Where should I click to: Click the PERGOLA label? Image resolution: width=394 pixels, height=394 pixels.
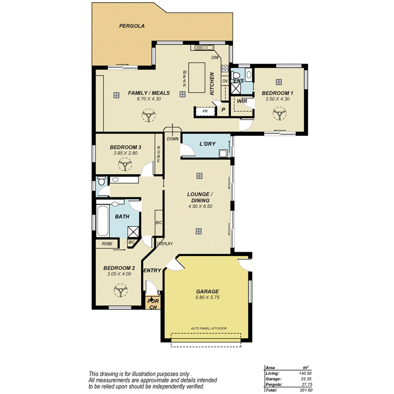[132, 26]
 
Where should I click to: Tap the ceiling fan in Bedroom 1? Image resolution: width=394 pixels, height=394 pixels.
[279, 114]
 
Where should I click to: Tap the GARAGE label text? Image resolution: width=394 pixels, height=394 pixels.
[207, 291]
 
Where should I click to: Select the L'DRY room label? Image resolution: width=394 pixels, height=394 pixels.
[208, 144]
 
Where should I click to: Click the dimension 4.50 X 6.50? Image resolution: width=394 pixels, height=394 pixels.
[200, 206]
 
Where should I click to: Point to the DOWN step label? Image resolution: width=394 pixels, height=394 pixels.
[172, 139]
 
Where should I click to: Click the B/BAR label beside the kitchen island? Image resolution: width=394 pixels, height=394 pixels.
[184, 79]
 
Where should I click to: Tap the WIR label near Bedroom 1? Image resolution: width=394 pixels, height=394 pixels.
[241, 101]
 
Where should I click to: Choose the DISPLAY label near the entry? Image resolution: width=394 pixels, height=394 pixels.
[164, 244]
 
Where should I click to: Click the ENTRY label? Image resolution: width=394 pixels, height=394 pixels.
[152, 271]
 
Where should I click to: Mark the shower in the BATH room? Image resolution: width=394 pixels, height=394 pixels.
[134, 231]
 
